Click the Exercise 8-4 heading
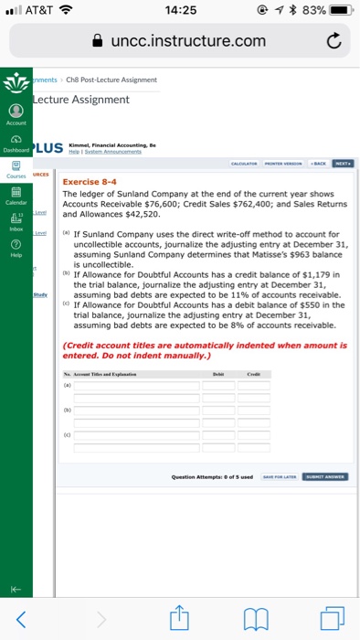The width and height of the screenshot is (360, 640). pos(90,182)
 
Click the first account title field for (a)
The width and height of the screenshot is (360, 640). pos(136,386)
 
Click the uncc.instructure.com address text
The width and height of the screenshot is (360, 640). pos(189,40)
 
